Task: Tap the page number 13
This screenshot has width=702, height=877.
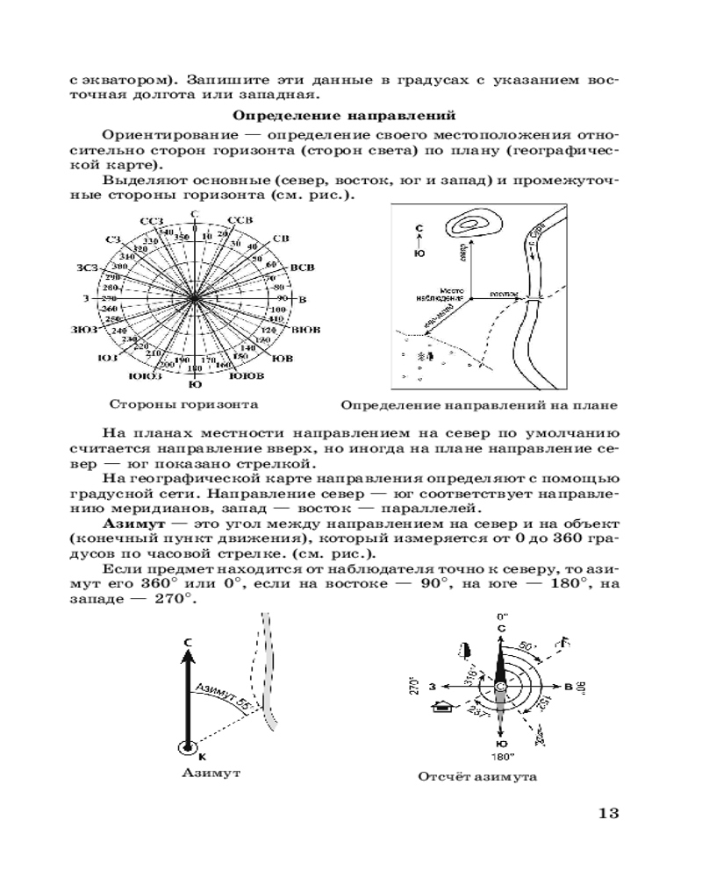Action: (608, 812)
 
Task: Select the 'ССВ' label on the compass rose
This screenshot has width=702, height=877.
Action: (239, 219)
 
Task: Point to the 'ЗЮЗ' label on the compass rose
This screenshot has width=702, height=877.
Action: (87, 329)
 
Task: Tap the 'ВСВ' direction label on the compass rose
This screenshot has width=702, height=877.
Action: (302, 266)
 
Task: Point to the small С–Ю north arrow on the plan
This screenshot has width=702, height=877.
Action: (419, 239)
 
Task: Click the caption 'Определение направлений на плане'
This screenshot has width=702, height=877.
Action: (478, 406)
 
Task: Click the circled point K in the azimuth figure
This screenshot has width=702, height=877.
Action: (187, 747)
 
